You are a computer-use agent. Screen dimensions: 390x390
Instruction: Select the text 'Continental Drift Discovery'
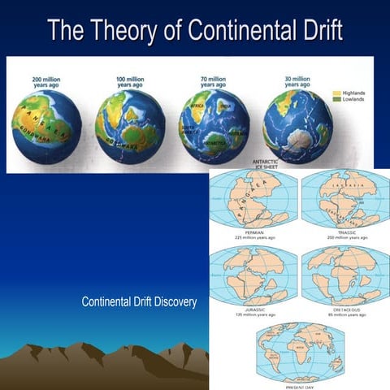click(x=140, y=302)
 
